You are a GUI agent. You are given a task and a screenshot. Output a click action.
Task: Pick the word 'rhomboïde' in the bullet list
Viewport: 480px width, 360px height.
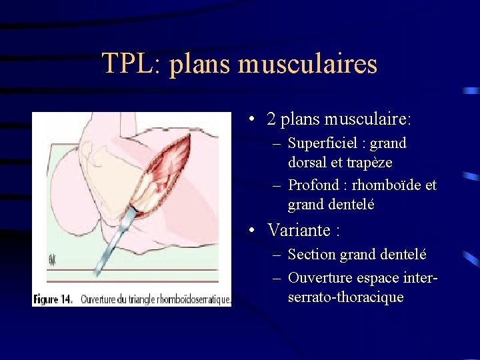tap(385, 185)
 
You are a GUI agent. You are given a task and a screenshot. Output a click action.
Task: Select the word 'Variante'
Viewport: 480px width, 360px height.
tap(298, 231)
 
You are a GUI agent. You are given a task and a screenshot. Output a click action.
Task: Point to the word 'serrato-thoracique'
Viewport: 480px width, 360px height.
tap(345, 297)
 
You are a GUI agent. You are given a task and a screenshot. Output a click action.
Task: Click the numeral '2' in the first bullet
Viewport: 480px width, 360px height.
tap(271, 120)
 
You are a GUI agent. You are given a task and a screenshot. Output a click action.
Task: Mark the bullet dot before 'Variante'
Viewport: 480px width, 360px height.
tap(250, 231)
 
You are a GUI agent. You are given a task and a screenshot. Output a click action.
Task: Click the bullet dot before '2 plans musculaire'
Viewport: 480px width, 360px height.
tap(250, 120)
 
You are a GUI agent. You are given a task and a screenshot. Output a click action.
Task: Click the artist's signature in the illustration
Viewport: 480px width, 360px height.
tap(51, 259)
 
